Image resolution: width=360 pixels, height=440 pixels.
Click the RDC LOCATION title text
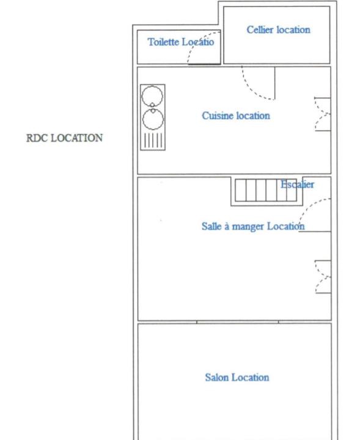click(65, 138)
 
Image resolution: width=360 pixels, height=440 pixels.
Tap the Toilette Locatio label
click(181, 42)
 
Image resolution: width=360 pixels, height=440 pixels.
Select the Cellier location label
click(278, 30)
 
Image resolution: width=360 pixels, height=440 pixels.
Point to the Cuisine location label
click(236, 116)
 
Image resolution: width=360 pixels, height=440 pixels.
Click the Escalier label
click(297, 185)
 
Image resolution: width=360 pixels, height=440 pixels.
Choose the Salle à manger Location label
click(253, 227)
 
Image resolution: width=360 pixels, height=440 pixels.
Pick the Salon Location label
click(237, 378)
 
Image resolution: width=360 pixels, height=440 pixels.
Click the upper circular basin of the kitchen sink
click(152, 97)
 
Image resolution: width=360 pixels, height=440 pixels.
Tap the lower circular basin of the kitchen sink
click(153, 119)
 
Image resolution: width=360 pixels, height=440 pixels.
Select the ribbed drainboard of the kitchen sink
click(153, 140)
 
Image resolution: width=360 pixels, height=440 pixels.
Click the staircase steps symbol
click(266, 190)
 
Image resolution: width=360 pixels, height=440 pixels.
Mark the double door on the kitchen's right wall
click(323, 114)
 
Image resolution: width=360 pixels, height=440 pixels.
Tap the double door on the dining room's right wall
click(323, 277)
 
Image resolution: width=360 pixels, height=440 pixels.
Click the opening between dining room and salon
click(238, 322)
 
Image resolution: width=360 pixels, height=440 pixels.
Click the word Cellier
click(260, 30)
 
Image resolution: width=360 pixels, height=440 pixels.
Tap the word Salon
click(216, 378)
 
